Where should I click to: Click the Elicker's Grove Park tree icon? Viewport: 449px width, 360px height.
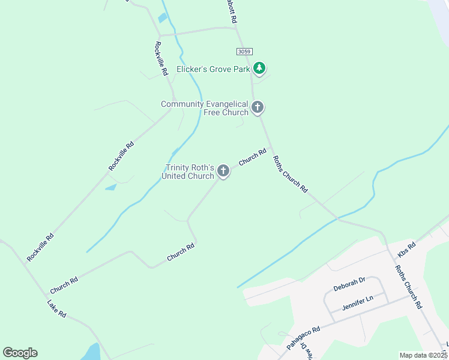tap(259, 68)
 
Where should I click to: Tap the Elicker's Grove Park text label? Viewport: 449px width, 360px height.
tap(213, 69)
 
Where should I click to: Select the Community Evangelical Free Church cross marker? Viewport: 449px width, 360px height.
tap(258, 108)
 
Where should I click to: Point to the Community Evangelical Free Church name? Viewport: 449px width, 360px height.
tap(205, 108)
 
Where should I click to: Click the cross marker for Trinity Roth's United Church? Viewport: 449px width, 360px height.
tap(223, 172)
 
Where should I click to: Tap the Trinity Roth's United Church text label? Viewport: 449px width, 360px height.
tap(188, 172)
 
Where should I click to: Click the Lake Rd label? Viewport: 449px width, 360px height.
tap(57, 307)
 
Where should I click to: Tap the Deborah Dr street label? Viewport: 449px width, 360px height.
tap(349, 284)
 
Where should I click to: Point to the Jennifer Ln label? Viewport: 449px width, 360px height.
tap(358, 302)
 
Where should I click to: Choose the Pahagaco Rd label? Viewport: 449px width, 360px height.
tap(304, 337)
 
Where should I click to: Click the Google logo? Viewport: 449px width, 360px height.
tap(20, 353)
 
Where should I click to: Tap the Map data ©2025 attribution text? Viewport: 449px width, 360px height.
tap(424, 355)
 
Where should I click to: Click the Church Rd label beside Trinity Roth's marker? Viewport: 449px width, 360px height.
tap(252, 158)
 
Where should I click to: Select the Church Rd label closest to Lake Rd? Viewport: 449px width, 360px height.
tap(64, 281)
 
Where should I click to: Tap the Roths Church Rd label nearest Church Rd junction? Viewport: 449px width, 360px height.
tap(290, 174)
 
